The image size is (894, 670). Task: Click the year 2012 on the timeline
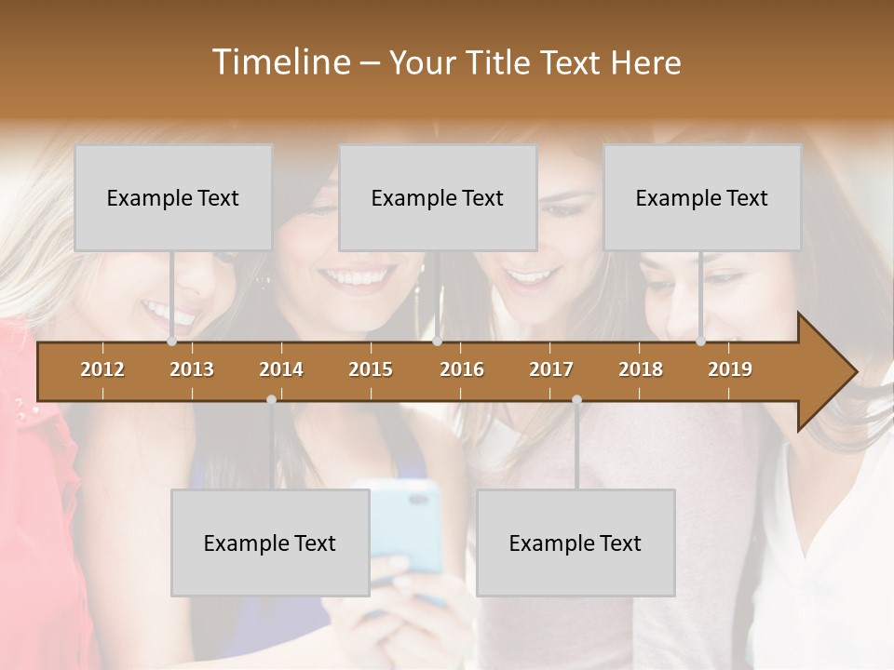click(102, 369)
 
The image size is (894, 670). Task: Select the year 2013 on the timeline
click(192, 369)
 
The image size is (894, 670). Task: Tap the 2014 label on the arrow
click(281, 369)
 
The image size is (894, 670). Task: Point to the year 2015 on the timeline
click(371, 369)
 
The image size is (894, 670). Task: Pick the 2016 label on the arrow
click(462, 369)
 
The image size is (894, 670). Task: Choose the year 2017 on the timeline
click(551, 369)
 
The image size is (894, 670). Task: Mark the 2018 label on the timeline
click(641, 369)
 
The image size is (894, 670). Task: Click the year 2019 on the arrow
click(730, 369)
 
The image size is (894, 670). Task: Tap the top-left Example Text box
click(173, 197)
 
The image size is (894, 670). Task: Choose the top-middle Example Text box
click(438, 197)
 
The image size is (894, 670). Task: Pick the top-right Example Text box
click(702, 197)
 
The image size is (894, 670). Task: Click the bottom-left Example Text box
click(270, 543)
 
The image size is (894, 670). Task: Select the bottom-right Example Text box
click(576, 543)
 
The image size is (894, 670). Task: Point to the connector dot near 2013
click(172, 342)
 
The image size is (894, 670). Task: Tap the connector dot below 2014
click(271, 399)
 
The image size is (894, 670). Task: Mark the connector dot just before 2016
click(437, 342)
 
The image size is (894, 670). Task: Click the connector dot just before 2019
click(701, 342)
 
